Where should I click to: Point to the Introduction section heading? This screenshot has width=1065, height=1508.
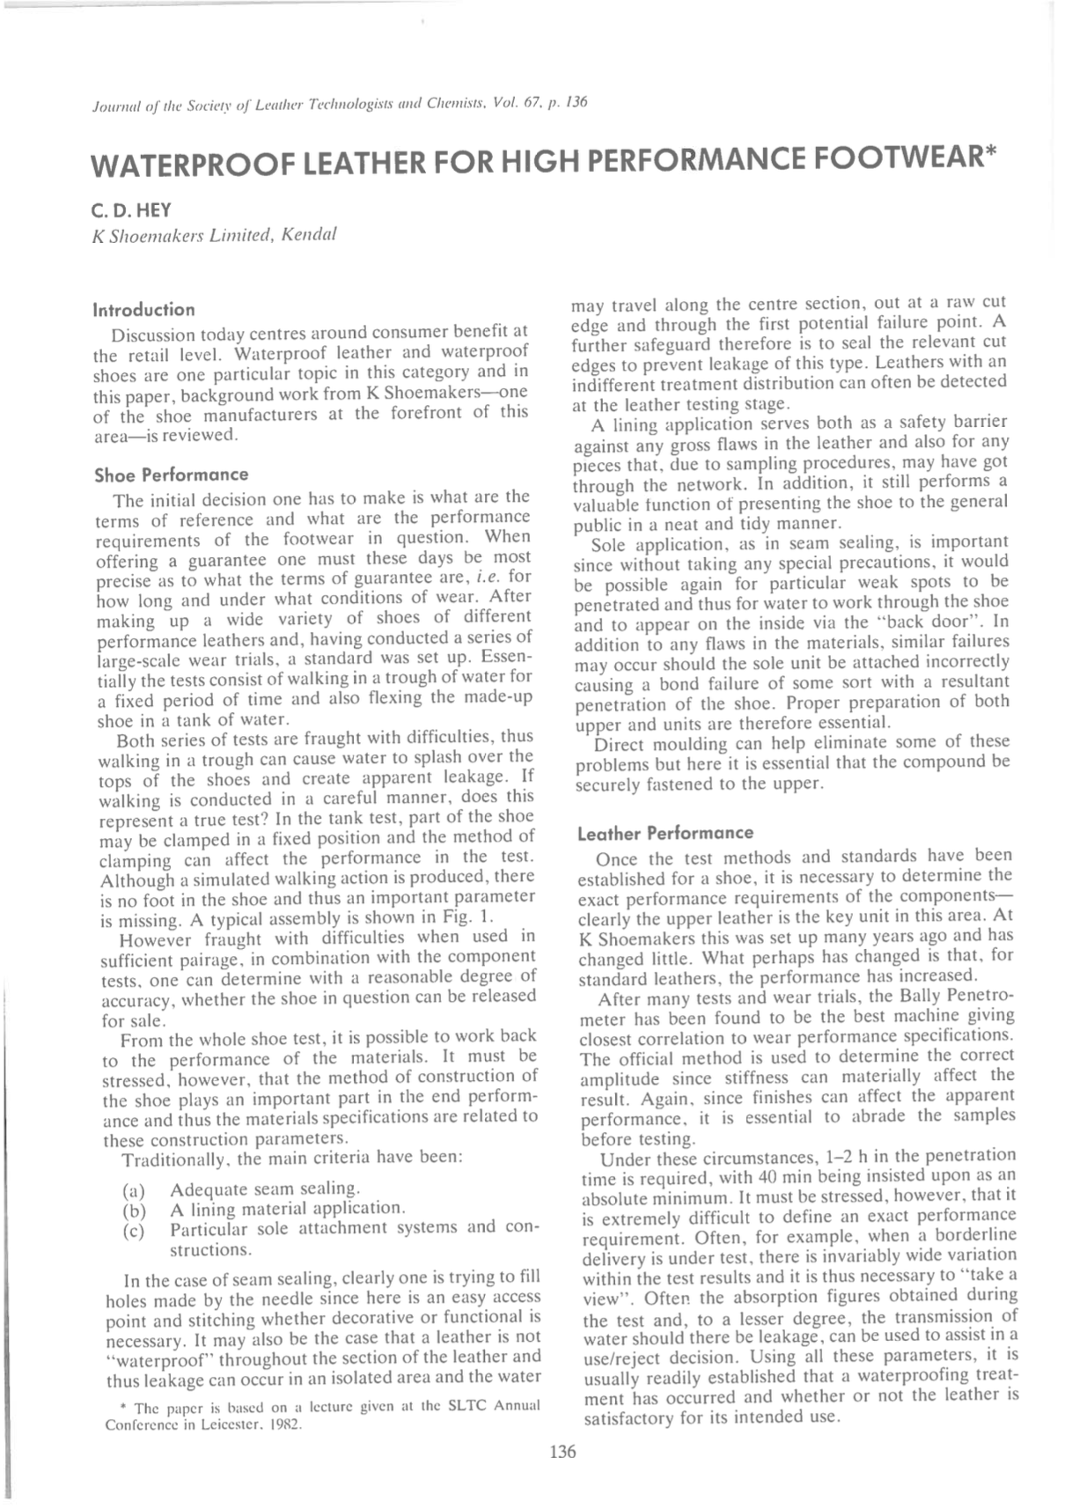(143, 310)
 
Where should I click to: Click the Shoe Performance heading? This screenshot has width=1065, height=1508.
(171, 475)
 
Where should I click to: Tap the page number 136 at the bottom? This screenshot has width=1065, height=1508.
(562, 1452)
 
